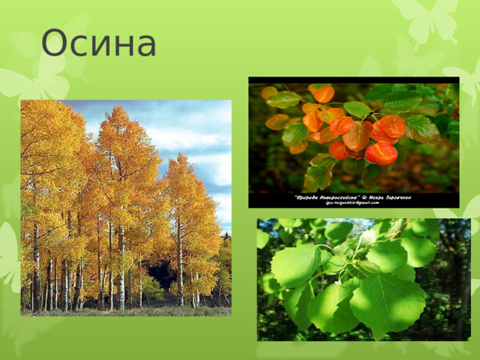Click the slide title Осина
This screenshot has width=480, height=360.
pos(98,43)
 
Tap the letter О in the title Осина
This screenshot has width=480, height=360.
pos(55,43)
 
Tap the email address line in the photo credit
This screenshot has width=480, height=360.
pos(353,202)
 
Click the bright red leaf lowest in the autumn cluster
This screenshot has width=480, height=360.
pos(381,154)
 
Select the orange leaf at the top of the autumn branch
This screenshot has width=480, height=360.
pos(323,94)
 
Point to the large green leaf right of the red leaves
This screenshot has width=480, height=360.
pos(421,129)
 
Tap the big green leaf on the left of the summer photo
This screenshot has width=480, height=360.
pos(294,265)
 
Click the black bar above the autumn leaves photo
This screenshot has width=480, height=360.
pos(353,80)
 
